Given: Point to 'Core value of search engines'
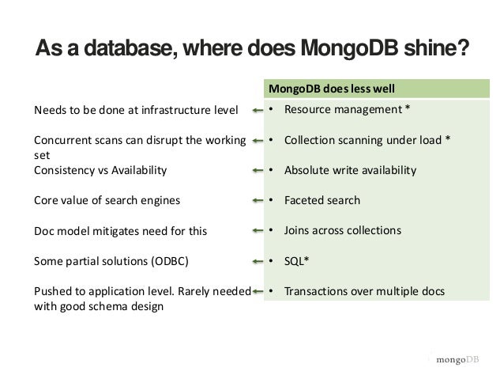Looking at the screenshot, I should [107, 201].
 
